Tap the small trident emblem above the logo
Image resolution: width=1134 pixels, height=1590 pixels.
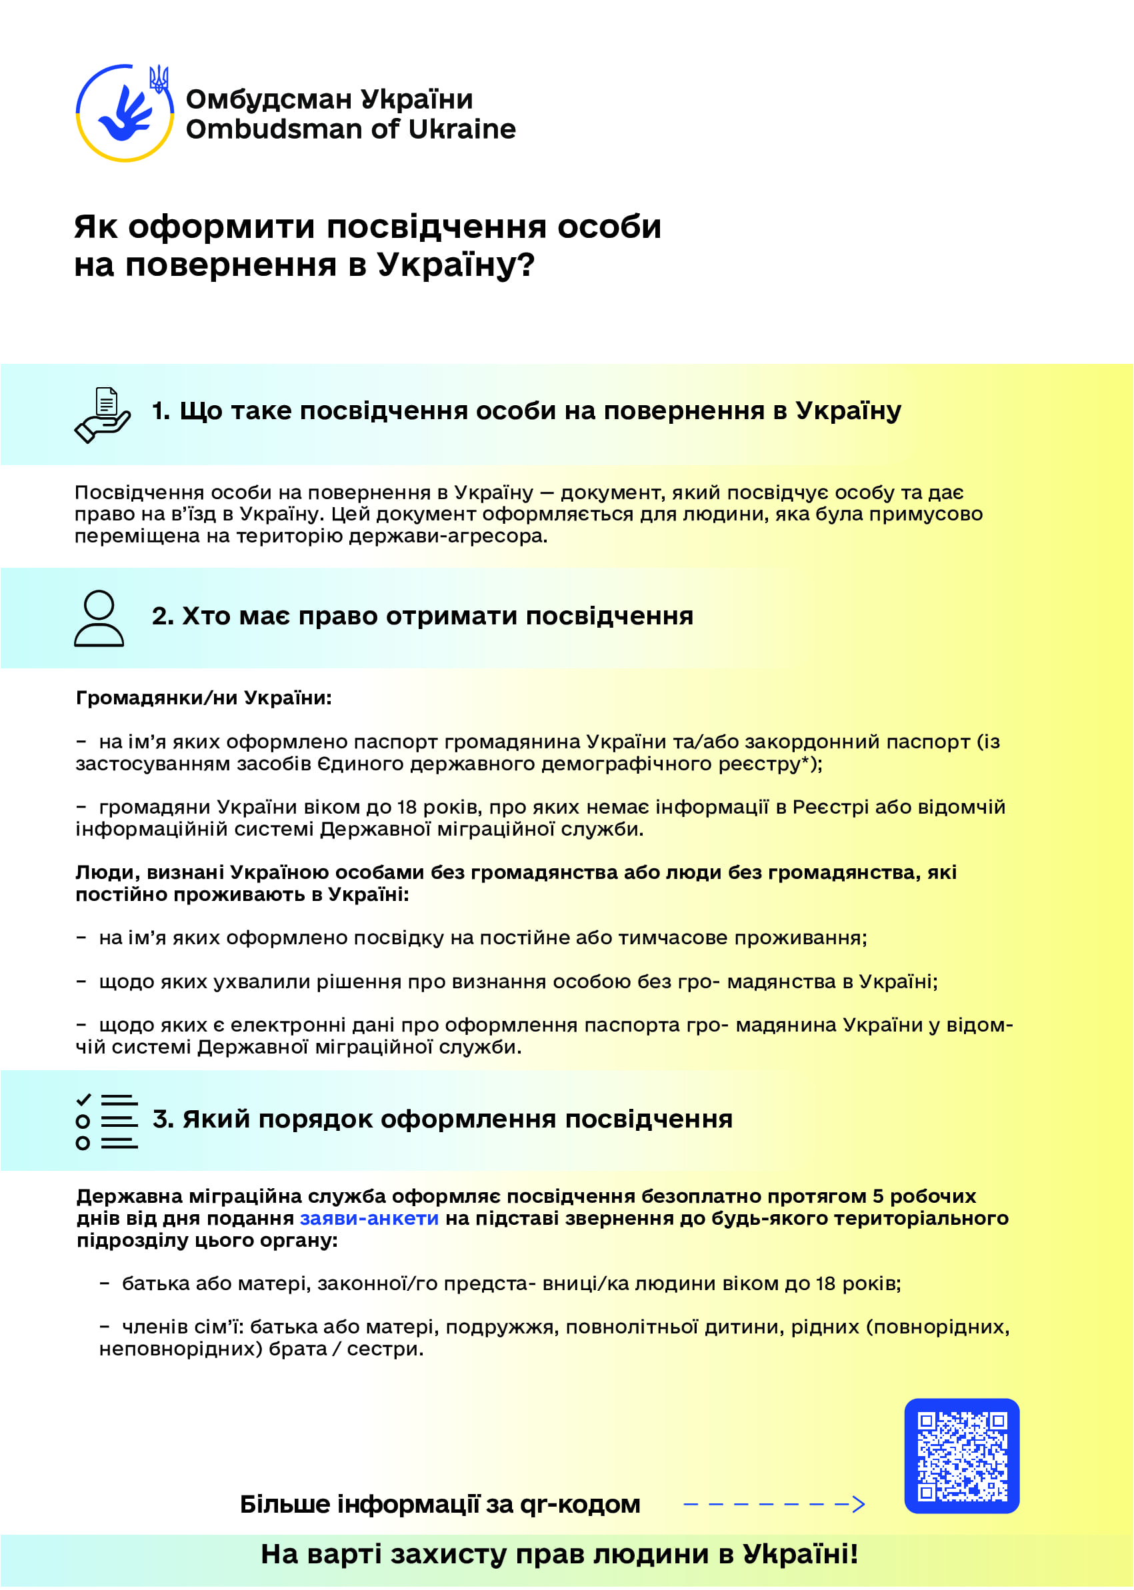pos(159,79)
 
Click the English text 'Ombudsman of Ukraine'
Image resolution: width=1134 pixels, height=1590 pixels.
pos(351,129)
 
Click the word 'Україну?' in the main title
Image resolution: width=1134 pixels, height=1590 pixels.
pos(456,265)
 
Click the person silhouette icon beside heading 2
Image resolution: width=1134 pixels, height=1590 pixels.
pos(99,618)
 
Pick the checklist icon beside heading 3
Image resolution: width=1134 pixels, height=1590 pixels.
pos(106,1122)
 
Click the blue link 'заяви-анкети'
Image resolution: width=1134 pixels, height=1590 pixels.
pos(369,1218)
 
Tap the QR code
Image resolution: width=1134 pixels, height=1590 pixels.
pos(961,1456)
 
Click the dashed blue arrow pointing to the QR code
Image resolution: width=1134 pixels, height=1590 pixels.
pos(774,1504)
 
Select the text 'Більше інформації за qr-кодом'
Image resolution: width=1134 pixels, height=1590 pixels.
pos(440,1504)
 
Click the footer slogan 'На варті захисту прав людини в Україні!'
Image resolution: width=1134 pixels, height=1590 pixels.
pos(559,1554)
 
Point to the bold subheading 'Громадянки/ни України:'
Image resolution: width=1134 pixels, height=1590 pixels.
pos(203,698)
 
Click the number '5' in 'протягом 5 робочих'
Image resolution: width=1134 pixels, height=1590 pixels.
pos(879,1196)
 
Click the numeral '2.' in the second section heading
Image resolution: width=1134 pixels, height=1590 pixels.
pos(163,616)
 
